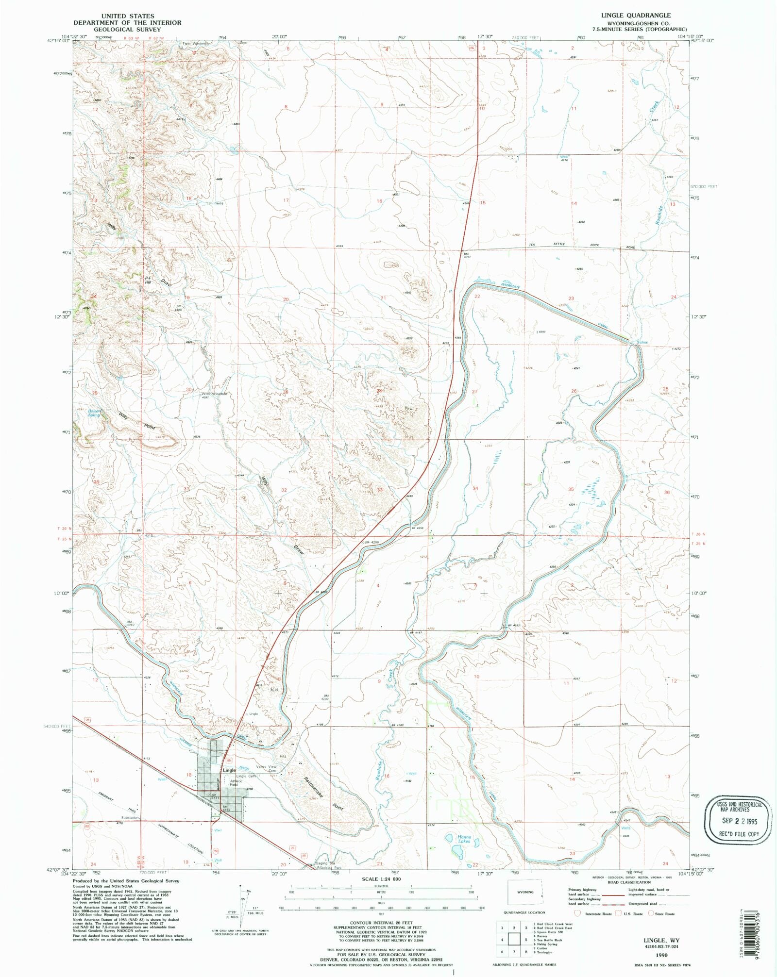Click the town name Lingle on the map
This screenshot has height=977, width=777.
pos(229,770)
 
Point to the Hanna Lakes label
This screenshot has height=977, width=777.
pos(464,839)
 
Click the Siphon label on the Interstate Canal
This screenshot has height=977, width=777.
pos(642,342)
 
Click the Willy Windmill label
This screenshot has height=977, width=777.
pos(214,394)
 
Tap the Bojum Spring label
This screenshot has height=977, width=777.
pos(94,413)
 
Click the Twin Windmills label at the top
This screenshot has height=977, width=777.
pos(195,43)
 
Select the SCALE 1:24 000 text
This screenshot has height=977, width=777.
pos(381,879)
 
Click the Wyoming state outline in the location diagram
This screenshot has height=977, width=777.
pos(525,892)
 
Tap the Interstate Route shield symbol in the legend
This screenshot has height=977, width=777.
pos(578,913)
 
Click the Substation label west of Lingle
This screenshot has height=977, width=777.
pos(131,817)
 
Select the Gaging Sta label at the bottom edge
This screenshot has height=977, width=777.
pos(325,863)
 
